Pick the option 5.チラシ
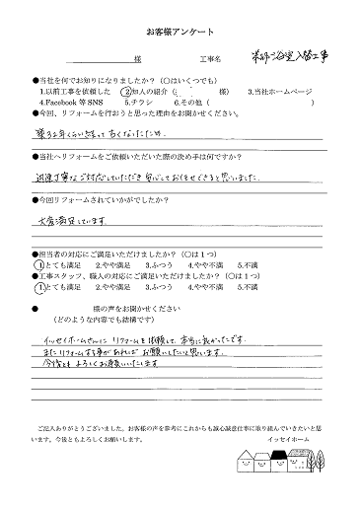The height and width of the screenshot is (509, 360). point(141,103)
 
